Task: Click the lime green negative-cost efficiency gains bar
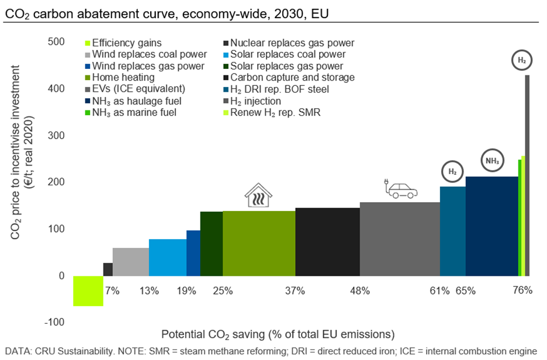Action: click(88, 290)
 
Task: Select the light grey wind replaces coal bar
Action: click(130, 262)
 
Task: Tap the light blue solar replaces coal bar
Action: click(167, 257)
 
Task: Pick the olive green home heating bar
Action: click(259, 243)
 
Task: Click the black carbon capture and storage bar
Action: click(327, 241)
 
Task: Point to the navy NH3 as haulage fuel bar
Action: click(491, 226)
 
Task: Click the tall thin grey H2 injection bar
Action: click(527, 175)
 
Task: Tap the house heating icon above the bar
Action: click(258, 195)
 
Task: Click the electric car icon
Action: click(400, 188)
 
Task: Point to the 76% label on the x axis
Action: click(522, 290)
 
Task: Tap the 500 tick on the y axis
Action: click(56, 42)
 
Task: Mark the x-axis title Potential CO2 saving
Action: click(278, 334)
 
